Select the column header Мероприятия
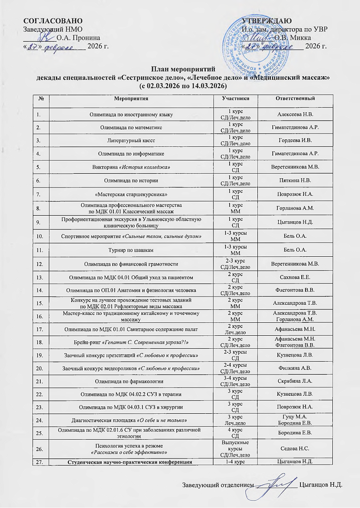click(131, 99)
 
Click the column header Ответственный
click(295, 99)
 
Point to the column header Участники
click(236, 99)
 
